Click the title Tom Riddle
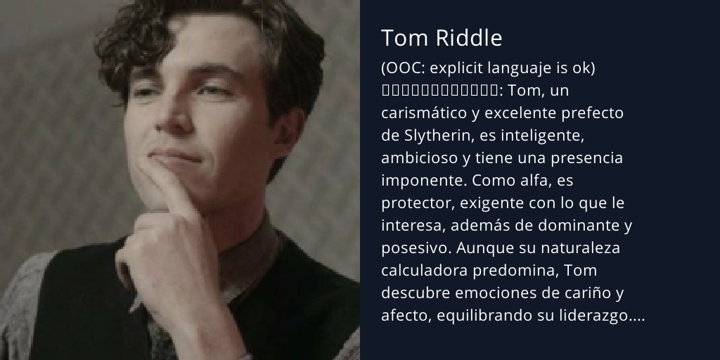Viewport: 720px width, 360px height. tap(442, 39)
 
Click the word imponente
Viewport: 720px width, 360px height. tap(420, 181)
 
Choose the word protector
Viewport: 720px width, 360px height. tap(415, 203)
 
